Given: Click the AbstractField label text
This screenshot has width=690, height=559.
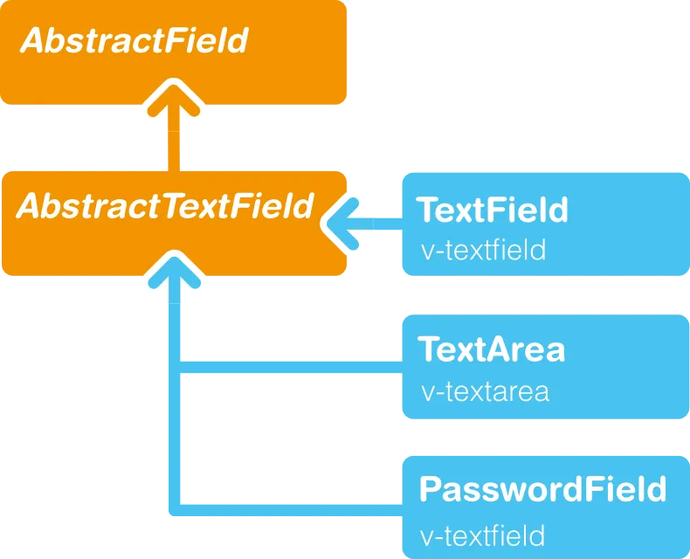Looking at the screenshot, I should click(x=134, y=40).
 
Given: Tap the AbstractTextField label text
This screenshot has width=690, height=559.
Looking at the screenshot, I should click(x=165, y=206).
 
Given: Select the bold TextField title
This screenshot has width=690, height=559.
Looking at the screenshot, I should click(x=492, y=210).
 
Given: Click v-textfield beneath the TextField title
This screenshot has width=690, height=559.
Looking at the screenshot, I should click(x=483, y=251).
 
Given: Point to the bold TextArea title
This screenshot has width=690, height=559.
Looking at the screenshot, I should click(x=492, y=349).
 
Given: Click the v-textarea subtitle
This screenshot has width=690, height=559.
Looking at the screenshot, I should click(x=485, y=390).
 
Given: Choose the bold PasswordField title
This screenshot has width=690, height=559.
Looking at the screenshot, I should click(x=542, y=489).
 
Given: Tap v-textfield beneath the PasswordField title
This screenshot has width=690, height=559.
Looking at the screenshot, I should click(x=483, y=534).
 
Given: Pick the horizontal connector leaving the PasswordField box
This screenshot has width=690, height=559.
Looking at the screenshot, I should click(x=288, y=509).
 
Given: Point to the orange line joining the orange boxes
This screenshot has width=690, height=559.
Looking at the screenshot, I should click(x=174, y=148).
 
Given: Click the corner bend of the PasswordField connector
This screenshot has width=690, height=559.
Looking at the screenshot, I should click(x=175, y=509).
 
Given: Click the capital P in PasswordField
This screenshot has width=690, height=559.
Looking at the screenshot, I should click(x=431, y=489).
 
